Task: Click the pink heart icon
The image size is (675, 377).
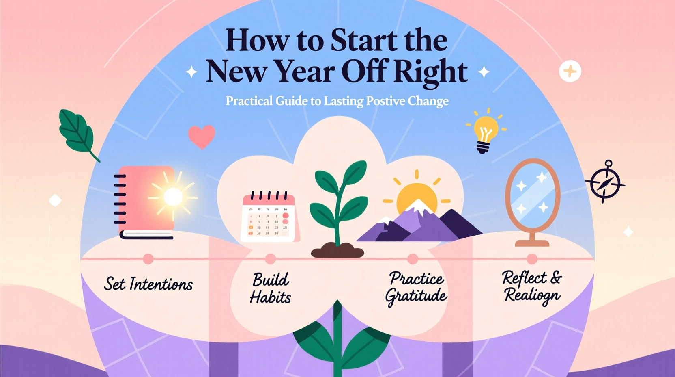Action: click(202, 136)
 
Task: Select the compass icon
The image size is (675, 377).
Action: click(605, 183)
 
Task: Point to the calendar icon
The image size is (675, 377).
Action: click(269, 217)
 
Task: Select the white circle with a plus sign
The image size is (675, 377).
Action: click(570, 71)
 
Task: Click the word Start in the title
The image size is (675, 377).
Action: click(363, 41)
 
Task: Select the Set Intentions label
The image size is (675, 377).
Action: click(148, 284)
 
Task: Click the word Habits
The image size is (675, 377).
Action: click(270, 298)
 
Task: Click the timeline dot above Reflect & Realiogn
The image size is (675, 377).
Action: click(532, 259)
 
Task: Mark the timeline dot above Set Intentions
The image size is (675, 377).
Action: click(148, 259)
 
